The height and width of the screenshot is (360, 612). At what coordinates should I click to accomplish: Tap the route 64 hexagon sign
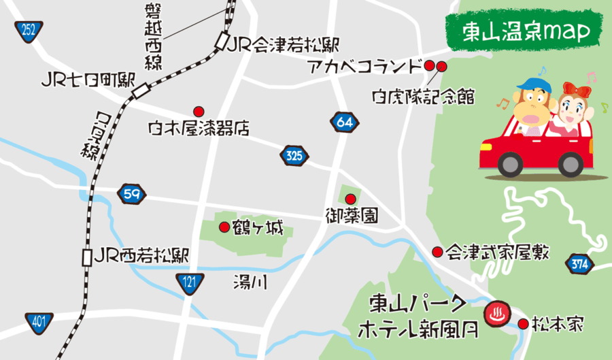pyautogui.click(x=344, y=122)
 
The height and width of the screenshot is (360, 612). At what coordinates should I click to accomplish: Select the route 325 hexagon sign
pyautogui.click(x=294, y=156)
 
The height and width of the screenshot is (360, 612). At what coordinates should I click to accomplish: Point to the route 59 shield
pyautogui.click(x=131, y=194)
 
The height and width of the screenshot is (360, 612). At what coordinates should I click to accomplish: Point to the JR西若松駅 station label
pyautogui.click(x=141, y=257)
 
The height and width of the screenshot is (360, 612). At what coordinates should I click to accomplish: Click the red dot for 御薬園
pyautogui.click(x=350, y=199)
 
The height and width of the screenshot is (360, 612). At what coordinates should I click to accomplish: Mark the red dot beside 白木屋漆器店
pyautogui.click(x=199, y=111)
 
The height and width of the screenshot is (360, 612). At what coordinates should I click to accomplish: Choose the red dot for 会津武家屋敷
pyautogui.click(x=437, y=252)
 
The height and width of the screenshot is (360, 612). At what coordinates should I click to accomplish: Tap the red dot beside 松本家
pyautogui.click(x=523, y=325)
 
